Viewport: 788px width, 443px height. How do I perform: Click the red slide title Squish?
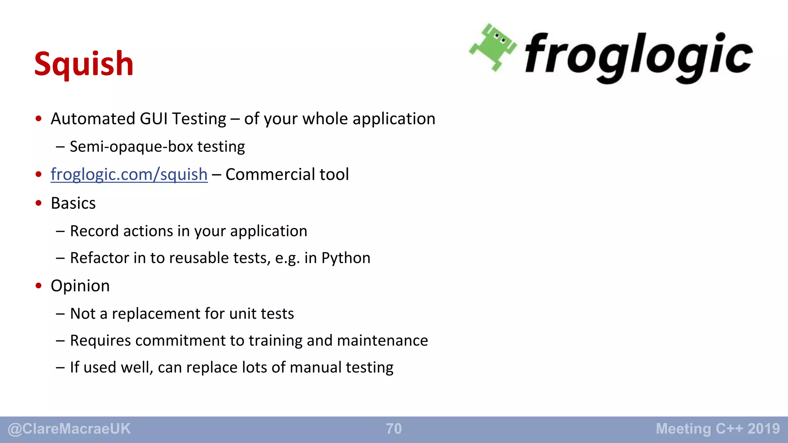(x=83, y=64)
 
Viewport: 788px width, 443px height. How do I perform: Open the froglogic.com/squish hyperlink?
(x=129, y=174)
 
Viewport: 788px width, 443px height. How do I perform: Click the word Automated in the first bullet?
(x=92, y=119)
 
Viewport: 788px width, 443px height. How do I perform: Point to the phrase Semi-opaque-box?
(x=131, y=147)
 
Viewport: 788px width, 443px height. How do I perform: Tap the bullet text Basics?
(x=73, y=203)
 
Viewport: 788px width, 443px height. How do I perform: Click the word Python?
(x=346, y=258)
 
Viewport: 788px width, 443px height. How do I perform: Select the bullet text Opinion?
(x=80, y=286)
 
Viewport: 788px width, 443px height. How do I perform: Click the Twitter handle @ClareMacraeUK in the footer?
(x=69, y=429)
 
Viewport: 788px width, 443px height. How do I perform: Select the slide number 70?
(x=394, y=429)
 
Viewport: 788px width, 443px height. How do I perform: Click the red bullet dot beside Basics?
(x=38, y=203)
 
